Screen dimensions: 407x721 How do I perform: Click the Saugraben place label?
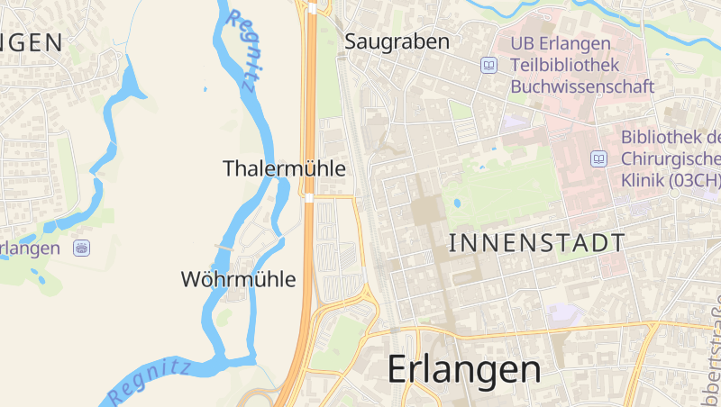click(397, 41)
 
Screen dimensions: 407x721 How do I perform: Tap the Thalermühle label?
click(284, 168)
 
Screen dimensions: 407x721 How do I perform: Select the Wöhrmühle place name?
click(238, 279)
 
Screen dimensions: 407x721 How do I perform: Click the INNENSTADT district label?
click(536, 242)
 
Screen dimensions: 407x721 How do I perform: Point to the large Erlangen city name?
click(464, 369)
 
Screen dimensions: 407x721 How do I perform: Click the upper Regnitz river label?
click(245, 50)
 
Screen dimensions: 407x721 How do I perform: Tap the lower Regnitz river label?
click(150, 382)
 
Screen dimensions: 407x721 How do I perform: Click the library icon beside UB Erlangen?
click(489, 65)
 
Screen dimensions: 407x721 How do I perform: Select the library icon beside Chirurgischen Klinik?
click(598, 158)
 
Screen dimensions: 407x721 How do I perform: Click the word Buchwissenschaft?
click(582, 87)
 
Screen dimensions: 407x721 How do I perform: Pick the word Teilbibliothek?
click(564, 65)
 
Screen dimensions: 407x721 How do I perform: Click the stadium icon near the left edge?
click(82, 248)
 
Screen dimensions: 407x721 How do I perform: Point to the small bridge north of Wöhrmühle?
click(224, 246)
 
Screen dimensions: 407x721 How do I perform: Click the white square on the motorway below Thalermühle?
click(309, 197)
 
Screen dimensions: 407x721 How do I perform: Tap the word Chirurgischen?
click(671, 158)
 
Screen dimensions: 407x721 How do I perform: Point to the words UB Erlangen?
click(561, 43)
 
